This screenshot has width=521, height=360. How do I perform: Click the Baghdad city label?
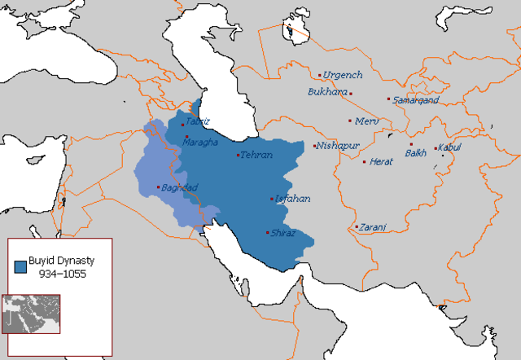(181, 188)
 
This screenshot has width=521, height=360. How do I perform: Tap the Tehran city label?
(257, 156)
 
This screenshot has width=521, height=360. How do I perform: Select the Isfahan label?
(293, 199)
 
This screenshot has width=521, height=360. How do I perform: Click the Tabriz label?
(198, 121)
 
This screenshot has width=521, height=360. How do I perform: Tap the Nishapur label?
(338, 147)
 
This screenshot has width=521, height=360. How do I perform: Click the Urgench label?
(343, 74)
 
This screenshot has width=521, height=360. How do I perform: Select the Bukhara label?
(327, 92)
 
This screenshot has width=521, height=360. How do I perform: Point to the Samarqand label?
(416, 100)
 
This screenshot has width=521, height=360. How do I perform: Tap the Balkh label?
(416, 153)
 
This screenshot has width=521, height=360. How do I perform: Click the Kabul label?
(449, 147)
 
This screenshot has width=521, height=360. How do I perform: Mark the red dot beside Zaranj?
(357, 226)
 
